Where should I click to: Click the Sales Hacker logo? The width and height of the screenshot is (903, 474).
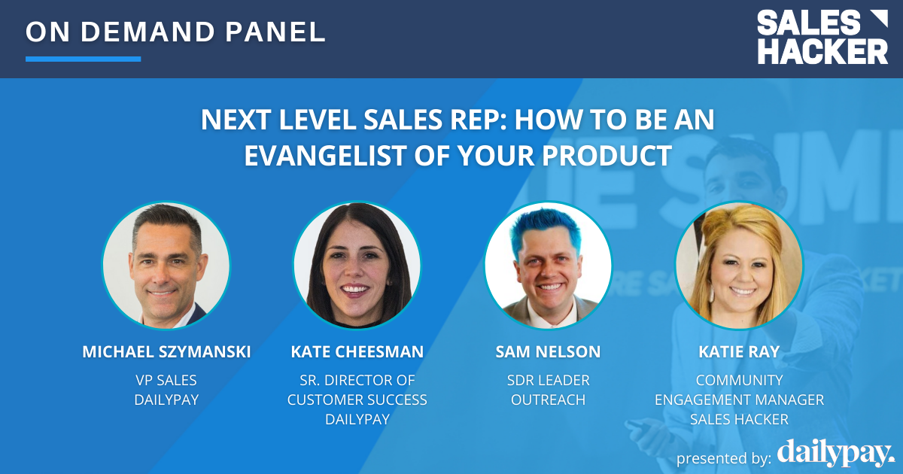point(822,38)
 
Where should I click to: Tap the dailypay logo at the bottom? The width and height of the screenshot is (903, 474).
point(835,454)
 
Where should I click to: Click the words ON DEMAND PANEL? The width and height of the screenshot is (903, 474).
point(175,31)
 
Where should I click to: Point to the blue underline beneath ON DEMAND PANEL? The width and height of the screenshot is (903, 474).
point(83,59)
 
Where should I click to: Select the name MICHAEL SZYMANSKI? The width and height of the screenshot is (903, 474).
point(166,352)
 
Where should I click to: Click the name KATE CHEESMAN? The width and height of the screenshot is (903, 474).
point(357,352)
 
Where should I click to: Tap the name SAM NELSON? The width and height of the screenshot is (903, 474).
point(548,352)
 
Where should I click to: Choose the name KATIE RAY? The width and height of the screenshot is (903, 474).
point(739,352)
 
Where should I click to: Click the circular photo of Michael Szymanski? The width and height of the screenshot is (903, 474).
point(166,265)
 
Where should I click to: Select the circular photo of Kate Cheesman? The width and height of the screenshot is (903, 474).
point(357,265)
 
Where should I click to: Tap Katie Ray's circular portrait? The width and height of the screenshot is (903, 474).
point(739,265)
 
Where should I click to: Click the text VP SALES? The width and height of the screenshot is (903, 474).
point(166,381)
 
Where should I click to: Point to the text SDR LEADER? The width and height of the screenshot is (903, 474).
point(548,381)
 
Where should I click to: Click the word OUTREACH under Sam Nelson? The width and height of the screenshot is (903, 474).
point(548,400)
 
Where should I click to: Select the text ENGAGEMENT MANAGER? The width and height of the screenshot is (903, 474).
point(739,400)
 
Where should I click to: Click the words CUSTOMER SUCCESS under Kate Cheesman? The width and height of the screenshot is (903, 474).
point(357,400)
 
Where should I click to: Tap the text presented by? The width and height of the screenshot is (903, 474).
point(723,458)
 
